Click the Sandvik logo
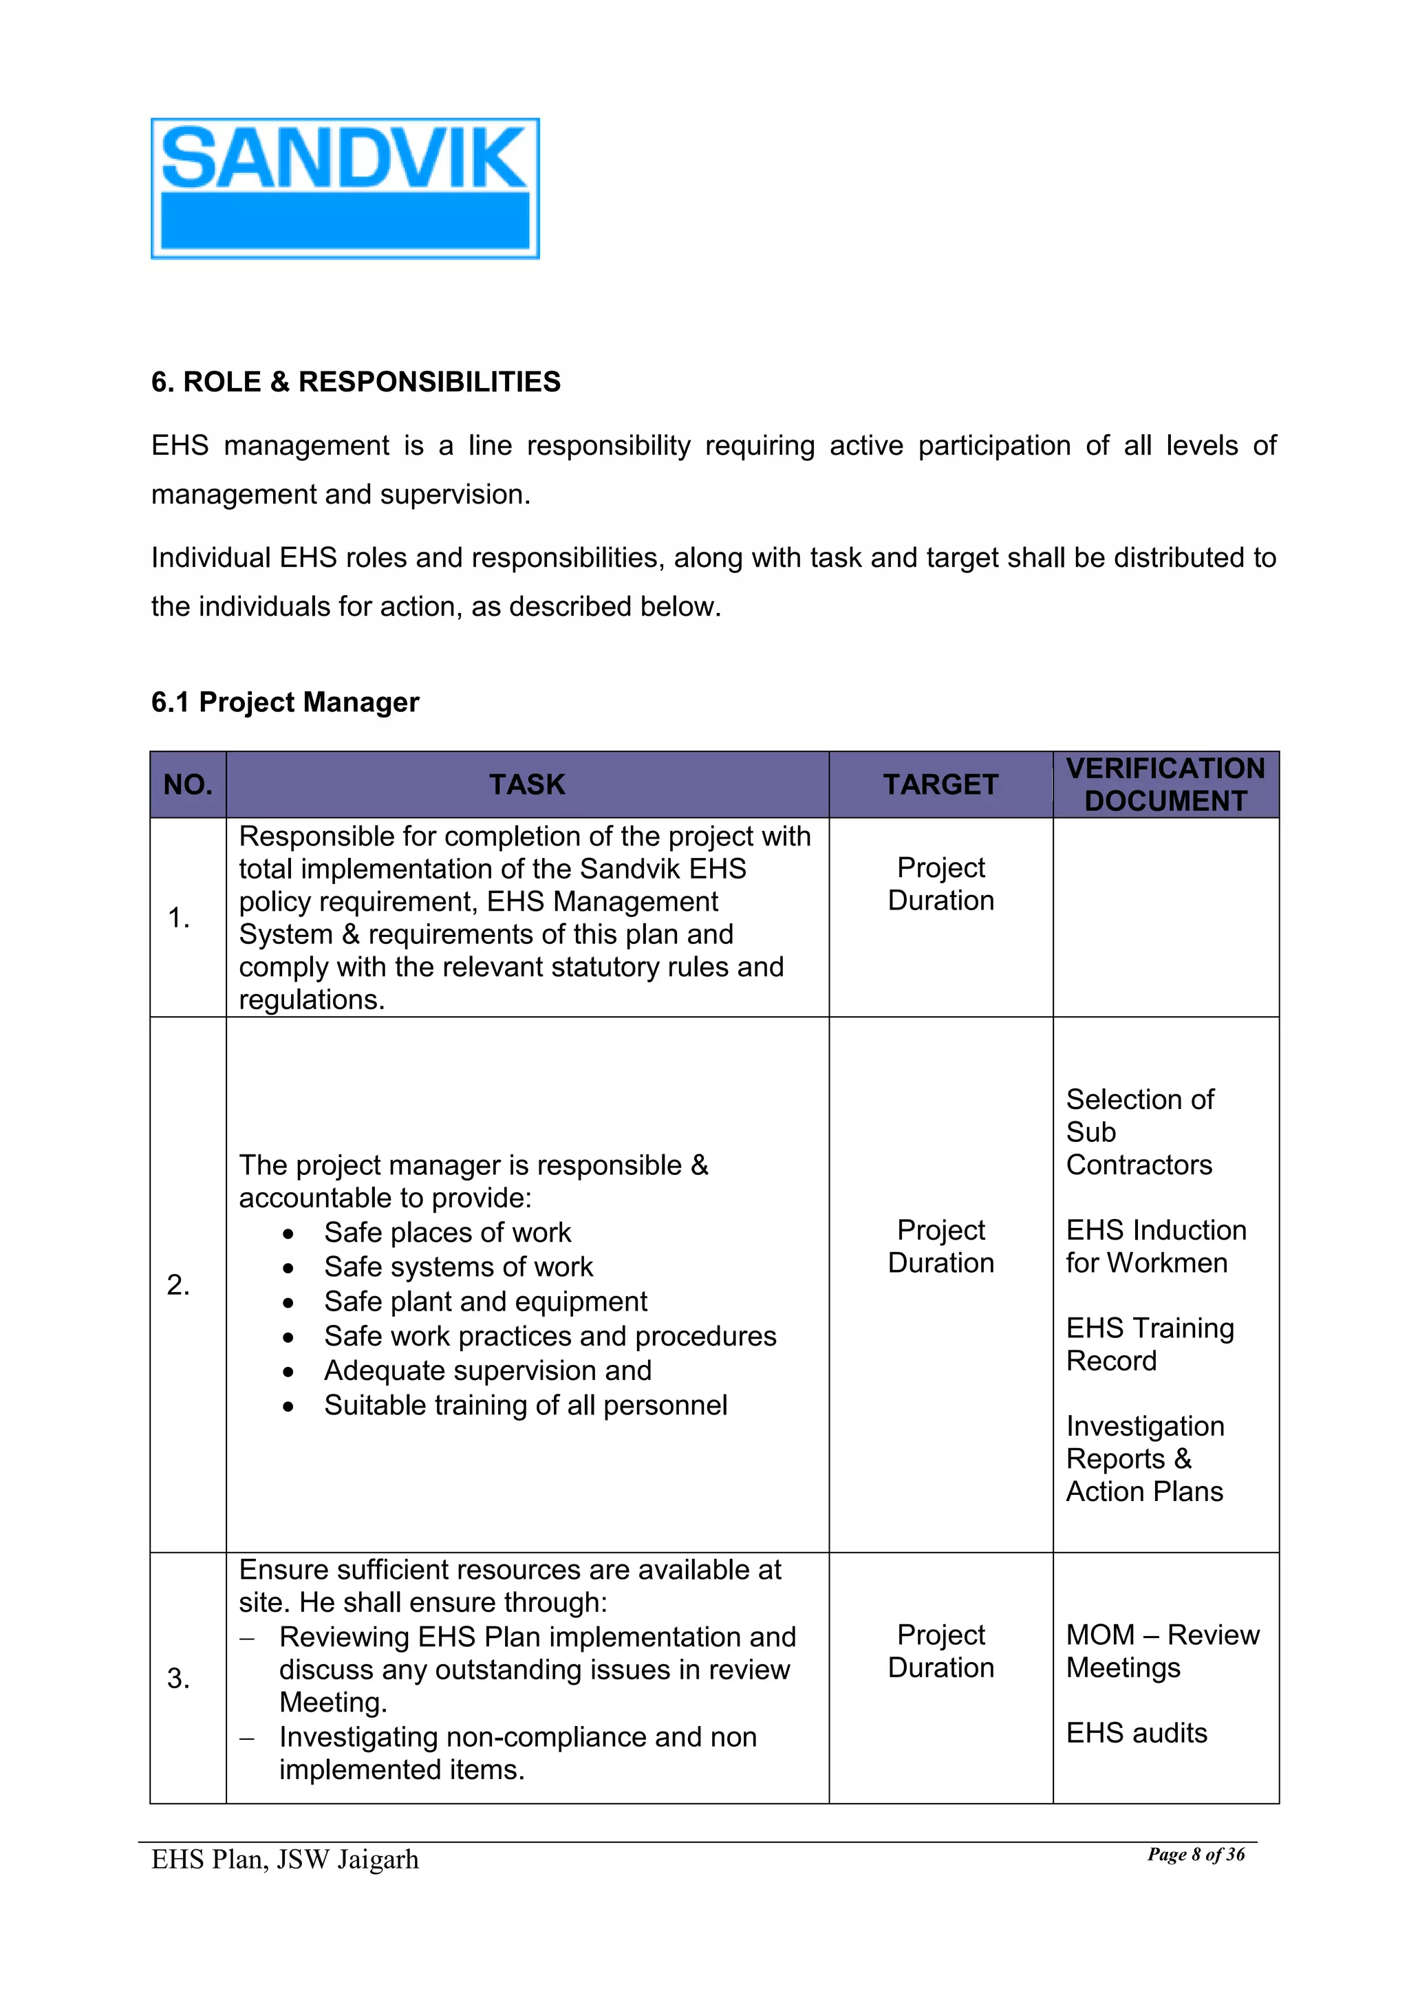point(345,188)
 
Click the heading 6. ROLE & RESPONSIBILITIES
point(355,382)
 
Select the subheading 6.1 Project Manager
point(285,702)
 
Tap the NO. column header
point(188,785)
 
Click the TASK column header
point(527,785)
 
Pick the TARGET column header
point(940,785)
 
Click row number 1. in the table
point(179,918)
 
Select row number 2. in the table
point(179,1284)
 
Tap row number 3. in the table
point(179,1678)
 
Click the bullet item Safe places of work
point(447,1233)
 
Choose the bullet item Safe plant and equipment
point(485,1302)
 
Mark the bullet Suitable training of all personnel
point(525,1405)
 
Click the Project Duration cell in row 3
point(940,1651)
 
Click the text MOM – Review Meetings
point(1161,1651)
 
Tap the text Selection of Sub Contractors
point(1139,1132)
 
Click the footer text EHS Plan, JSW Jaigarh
point(285,1860)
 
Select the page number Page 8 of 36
point(1196,1855)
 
